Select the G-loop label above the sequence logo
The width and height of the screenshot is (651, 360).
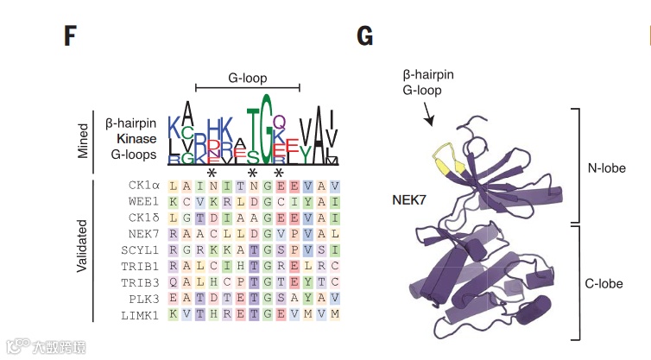[x=247, y=77]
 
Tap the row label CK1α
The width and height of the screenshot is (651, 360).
[x=144, y=186]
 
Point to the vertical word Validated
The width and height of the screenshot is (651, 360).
[x=83, y=249]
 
